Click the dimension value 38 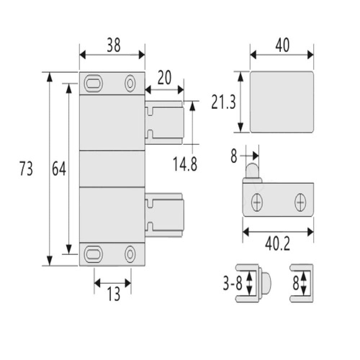point(114,45)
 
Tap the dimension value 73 point(26,169)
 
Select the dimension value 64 point(59,169)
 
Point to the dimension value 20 point(165,78)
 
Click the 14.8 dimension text point(185,164)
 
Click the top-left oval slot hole point(94,83)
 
